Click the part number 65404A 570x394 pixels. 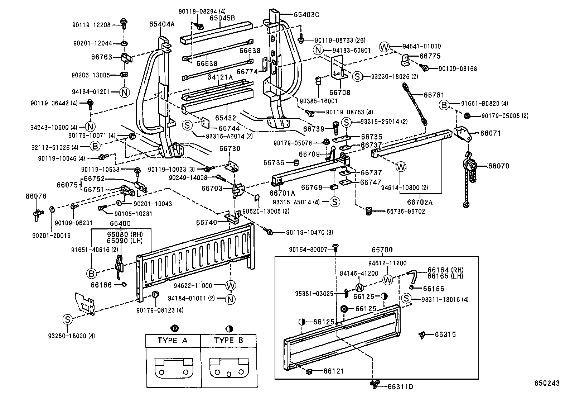coord(162,24)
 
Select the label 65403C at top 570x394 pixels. coord(306,15)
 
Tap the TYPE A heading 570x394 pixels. coord(172,340)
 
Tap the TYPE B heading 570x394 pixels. coord(228,340)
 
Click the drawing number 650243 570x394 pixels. coord(547,383)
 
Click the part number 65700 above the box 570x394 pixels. coord(382,250)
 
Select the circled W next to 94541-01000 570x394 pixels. coord(384,47)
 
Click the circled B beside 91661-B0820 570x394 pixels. coord(444,105)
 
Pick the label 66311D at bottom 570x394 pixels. coord(401,387)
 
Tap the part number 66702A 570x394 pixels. coord(420,202)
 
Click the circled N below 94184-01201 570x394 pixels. coord(124,92)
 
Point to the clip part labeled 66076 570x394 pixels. coord(37,213)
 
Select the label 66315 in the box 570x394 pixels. coord(445,334)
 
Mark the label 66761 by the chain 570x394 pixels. coord(434,95)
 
